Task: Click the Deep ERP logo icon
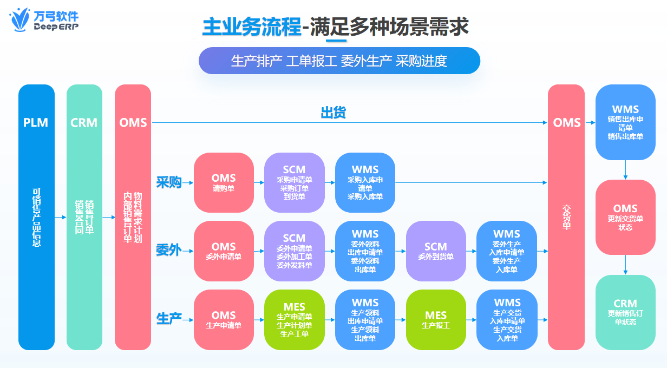click(x=21, y=20)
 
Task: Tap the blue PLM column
click(x=36, y=216)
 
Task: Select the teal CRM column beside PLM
click(x=84, y=216)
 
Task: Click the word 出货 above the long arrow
click(x=333, y=113)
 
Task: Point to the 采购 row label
click(x=168, y=182)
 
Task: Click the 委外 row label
click(x=168, y=251)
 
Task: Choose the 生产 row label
click(x=168, y=319)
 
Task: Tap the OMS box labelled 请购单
click(x=224, y=182)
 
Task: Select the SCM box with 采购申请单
click(x=294, y=182)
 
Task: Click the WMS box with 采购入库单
click(x=365, y=182)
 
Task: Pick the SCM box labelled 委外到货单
click(x=436, y=251)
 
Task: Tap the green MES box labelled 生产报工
click(x=436, y=320)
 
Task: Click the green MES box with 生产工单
click(x=294, y=320)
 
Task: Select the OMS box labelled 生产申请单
click(x=224, y=320)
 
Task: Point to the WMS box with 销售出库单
click(x=625, y=122)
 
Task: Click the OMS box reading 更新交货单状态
click(x=625, y=217)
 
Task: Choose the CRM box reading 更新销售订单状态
click(x=625, y=312)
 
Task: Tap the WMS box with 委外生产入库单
click(x=507, y=251)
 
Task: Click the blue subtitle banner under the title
click(x=339, y=61)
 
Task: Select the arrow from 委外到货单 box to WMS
click(x=471, y=251)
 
